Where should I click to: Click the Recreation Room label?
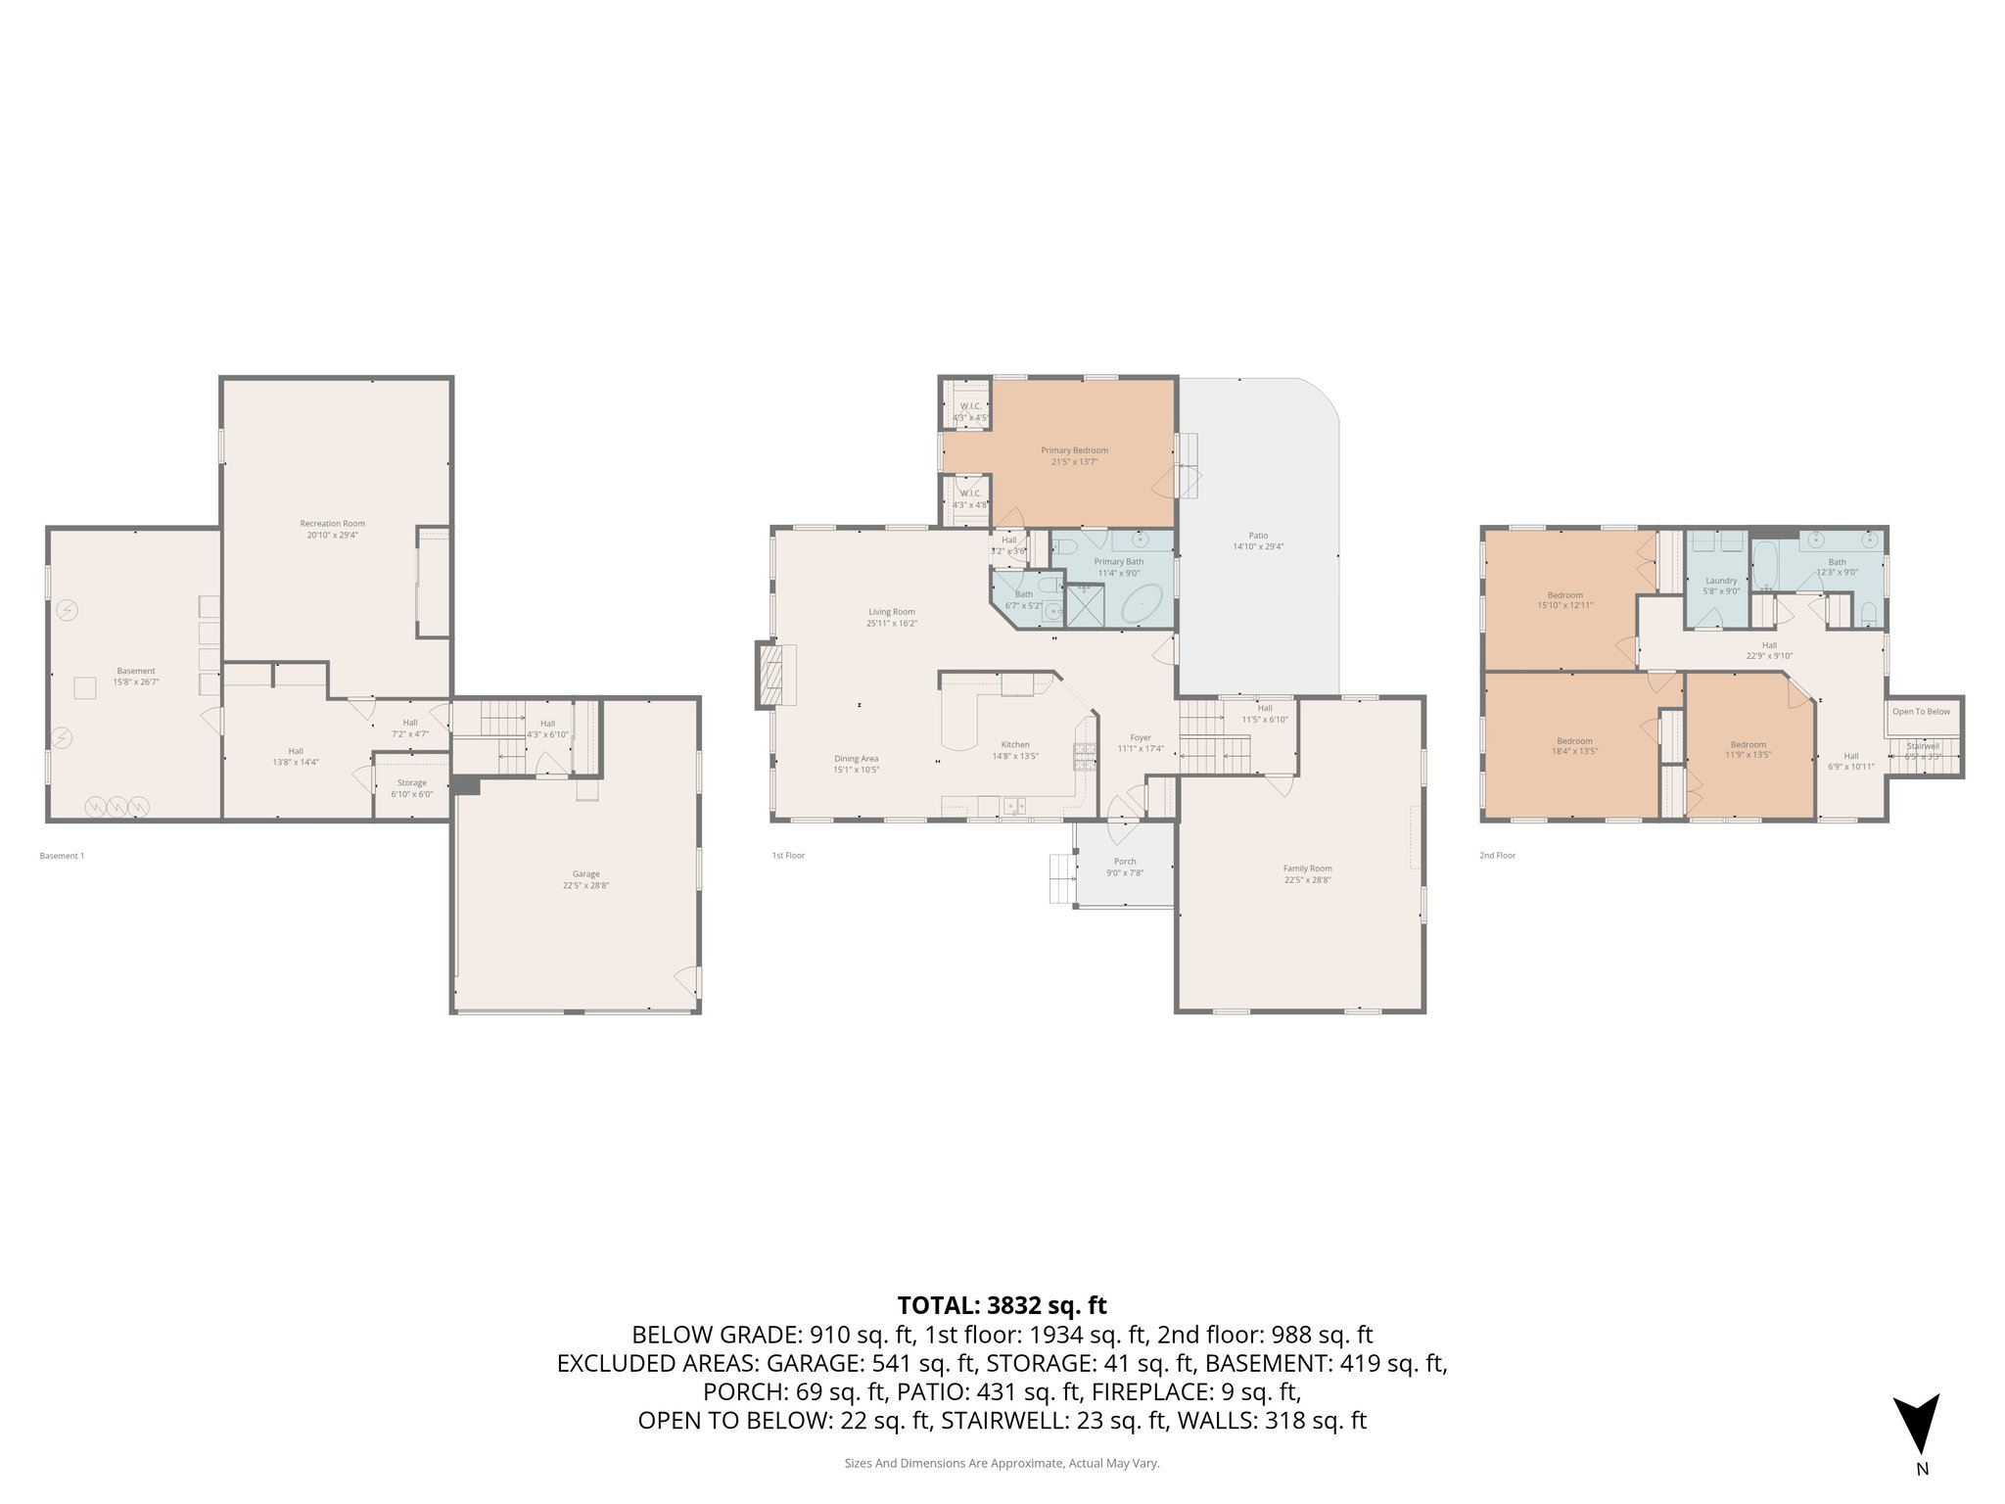pos(332,524)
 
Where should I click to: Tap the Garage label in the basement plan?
pos(586,874)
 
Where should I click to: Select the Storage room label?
pos(411,783)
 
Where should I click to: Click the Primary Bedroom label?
pos(1074,450)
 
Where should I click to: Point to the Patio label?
pos(1258,536)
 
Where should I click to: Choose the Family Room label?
pos(1307,869)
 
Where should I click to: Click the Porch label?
pos(1125,862)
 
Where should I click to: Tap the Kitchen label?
pos(1015,745)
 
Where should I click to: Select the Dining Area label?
pos(856,759)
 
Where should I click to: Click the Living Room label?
pos(891,612)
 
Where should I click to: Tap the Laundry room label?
pos(1721,581)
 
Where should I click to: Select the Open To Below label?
pos(1921,712)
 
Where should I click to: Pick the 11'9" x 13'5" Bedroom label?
pos(1748,745)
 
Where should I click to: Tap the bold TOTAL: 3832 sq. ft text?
pos(1002,1305)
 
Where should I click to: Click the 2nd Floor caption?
pos(1497,856)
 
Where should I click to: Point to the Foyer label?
pos(1140,738)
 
